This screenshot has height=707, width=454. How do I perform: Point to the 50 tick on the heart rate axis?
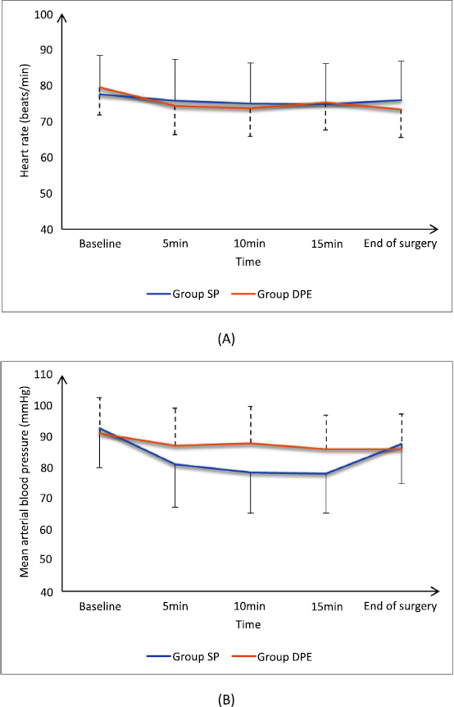pyautogui.click(x=48, y=194)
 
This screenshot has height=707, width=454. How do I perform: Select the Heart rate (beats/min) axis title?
pyautogui.click(x=25, y=121)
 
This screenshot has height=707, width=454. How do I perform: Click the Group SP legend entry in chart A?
pyautogui.click(x=184, y=294)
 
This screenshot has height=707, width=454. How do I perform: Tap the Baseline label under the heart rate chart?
pyautogui.click(x=100, y=244)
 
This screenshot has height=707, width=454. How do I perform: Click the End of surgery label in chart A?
pyautogui.click(x=401, y=244)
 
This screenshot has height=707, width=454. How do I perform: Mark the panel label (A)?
pyautogui.click(x=226, y=339)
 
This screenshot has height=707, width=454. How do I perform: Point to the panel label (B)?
pyautogui.click(x=226, y=700)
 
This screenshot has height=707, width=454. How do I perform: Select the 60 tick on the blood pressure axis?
pyautogui.click(x=48, y=529)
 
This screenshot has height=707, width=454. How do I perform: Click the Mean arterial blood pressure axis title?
pyautogui.click(x=25, y=481)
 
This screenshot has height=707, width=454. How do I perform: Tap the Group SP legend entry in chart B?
pyautogui.click(x=184, y=656)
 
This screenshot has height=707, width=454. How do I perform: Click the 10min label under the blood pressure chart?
pyautogui.click(x=249, y=606)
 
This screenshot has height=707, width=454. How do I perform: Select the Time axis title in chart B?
pyautogui.click(x=248, y=624)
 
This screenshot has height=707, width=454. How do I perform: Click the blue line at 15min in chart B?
pyautogui.click(x=325, y=473)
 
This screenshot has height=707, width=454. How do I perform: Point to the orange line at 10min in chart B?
pyautogui.click(x=251, y=443)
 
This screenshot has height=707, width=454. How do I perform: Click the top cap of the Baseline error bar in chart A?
pyautogui.click(x=100, y=55)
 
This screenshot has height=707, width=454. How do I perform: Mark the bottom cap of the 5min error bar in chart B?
pyautogui.click(x=175, y=507)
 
